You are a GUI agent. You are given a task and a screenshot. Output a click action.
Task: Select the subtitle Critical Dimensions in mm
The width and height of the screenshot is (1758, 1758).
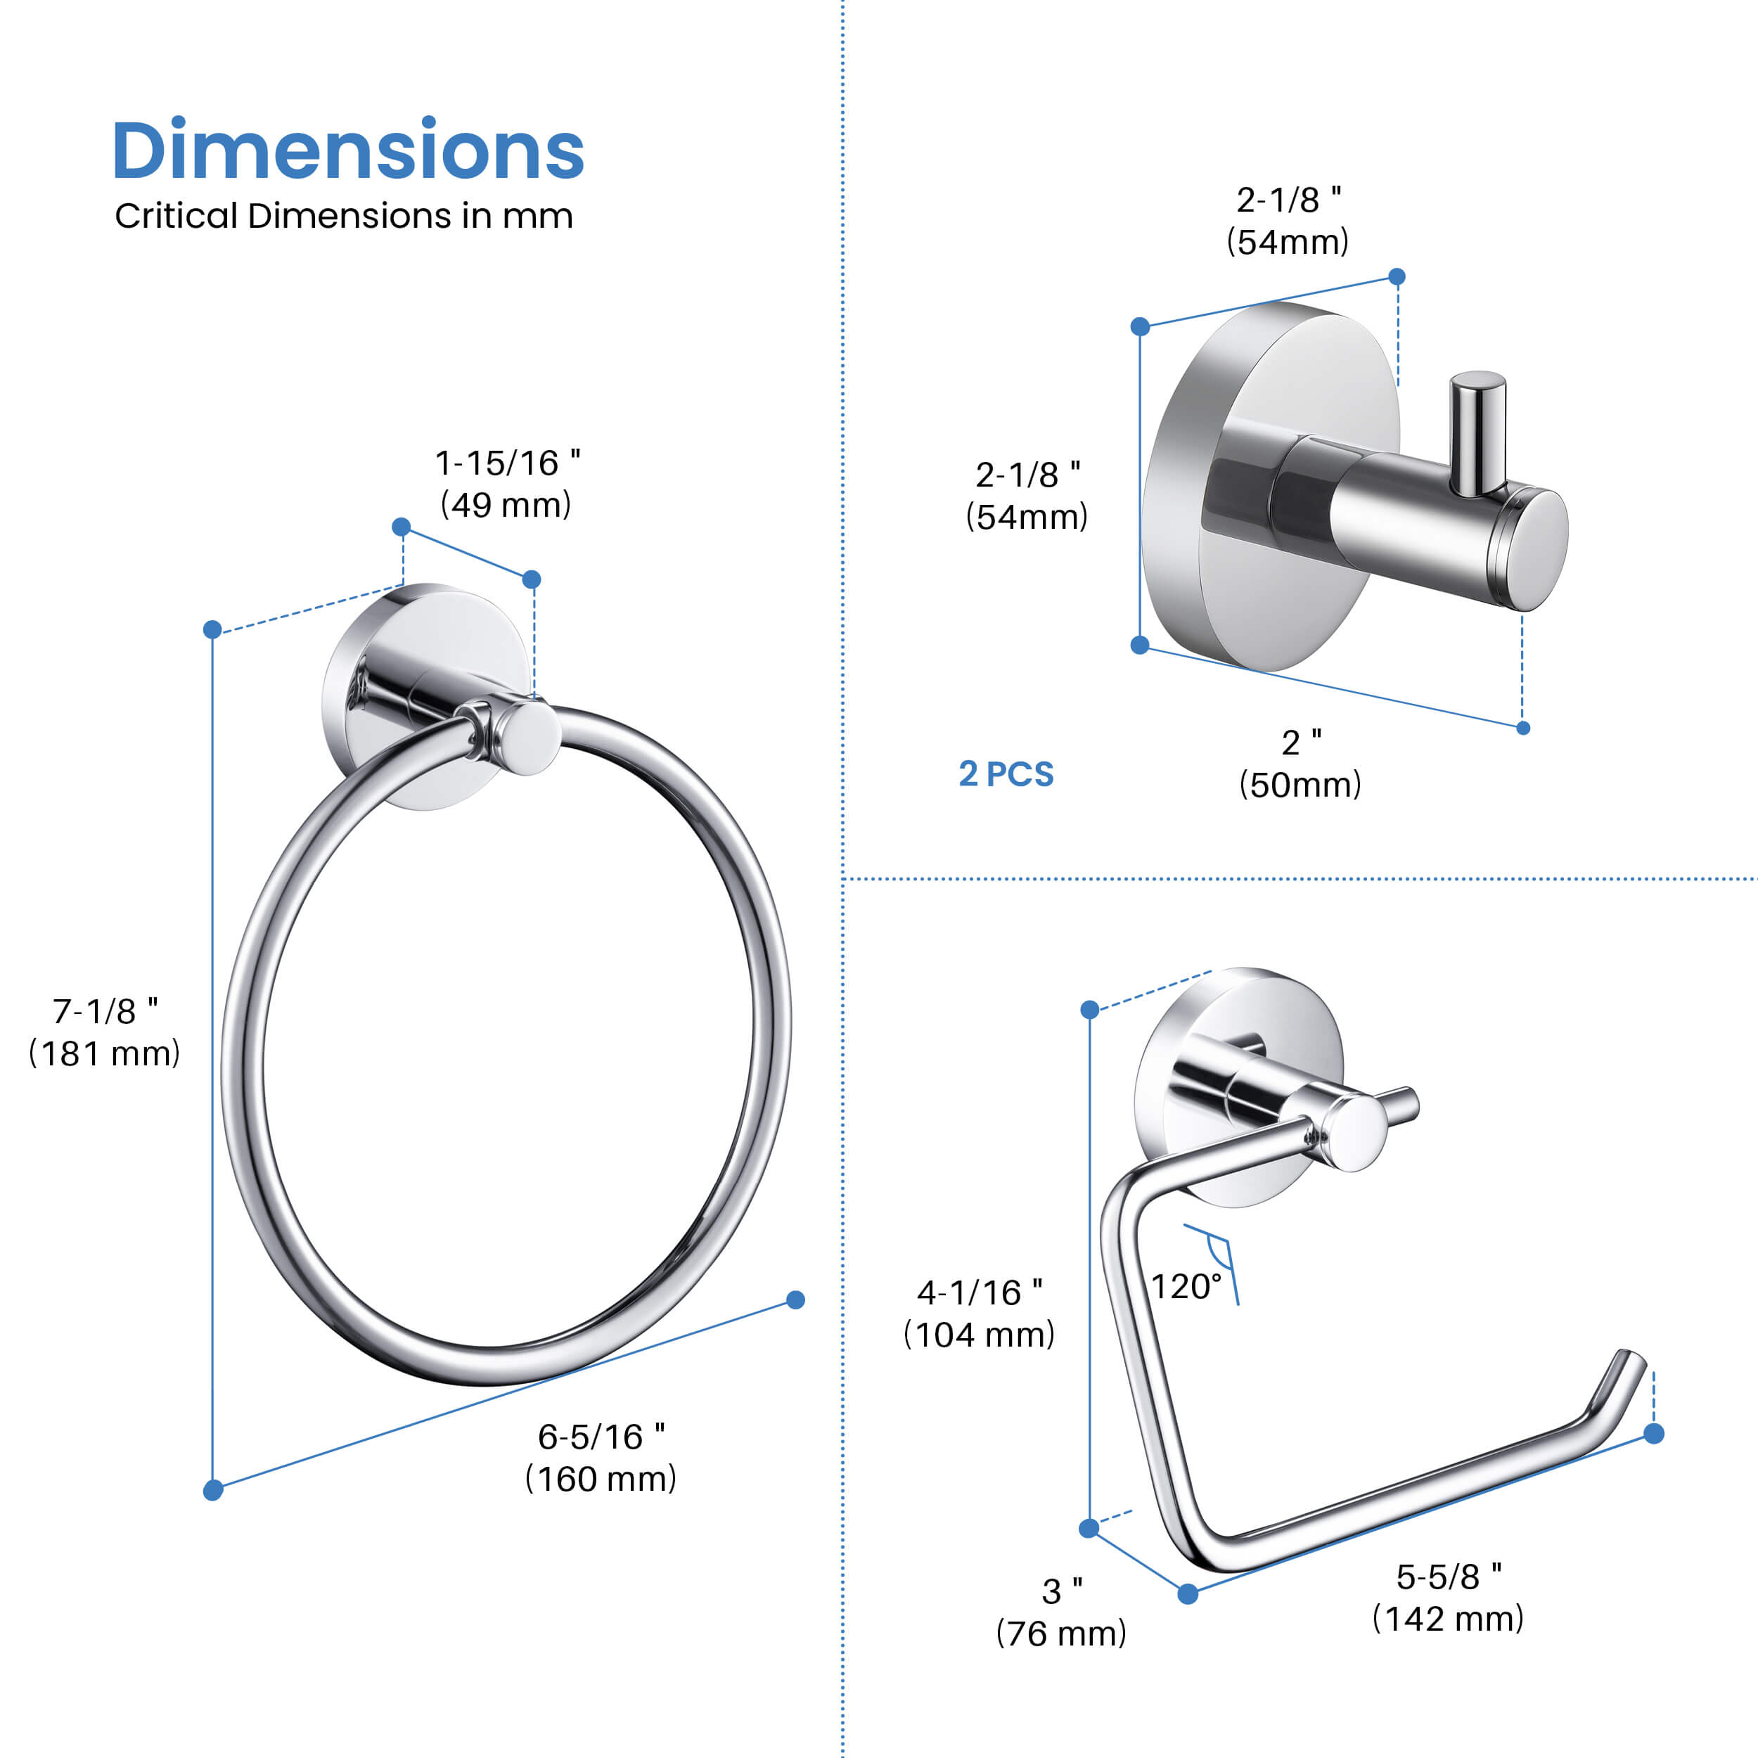(x=344, y=217)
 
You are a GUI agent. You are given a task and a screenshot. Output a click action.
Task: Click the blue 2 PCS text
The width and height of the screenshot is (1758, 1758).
(x=1006, y=774)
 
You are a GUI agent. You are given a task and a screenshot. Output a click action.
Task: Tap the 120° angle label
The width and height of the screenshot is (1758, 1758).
(x=1186, y=1287)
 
